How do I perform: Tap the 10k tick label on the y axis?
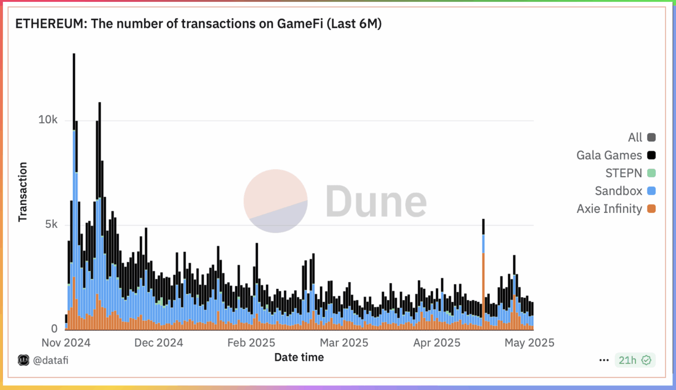(x=48, y=120)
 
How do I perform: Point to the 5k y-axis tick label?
(x=51, y=224)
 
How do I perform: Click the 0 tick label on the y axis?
(x=54, y=329)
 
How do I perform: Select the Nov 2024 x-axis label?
(x=66, y=343)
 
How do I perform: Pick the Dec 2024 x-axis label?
(x=159, y=343)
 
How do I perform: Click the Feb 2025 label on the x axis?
(x=251, y=343)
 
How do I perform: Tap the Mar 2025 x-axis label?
(x=344, y=343)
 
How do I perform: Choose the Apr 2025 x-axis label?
(x=437, y=343)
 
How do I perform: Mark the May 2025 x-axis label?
(x=529, y=343)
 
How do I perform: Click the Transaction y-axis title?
(x=23, y=192)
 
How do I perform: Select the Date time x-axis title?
(x=299, y=357)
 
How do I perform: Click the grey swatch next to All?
(x=651, y=137)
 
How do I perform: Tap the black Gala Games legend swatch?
(x=651, y=155)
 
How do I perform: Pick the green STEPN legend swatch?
(x=651, y=173)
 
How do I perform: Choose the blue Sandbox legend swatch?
(x=651, y=191)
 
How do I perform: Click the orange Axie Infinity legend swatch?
(x=651, y=208)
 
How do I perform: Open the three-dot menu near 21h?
(x=604, y=360)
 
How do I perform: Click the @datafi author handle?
(x=50, y=360)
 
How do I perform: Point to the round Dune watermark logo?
(x=276, y=201)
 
